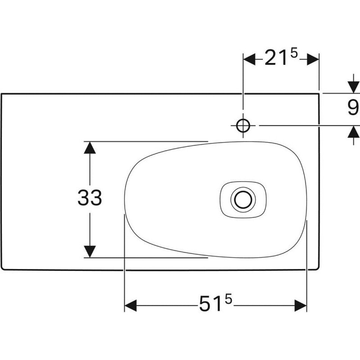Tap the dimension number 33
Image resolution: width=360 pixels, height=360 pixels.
pyautogui.click(x=89, y=198)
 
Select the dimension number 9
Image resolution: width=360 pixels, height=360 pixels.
pyautogui.click(x=353, y=108)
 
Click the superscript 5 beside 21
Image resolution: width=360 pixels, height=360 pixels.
pyautogui.click(x=294, y=53)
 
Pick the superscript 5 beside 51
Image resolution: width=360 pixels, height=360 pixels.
pyautogui.click(x=229, y=300)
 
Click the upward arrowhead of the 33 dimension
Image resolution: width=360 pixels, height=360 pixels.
pyautogui.click(x=89, y=148)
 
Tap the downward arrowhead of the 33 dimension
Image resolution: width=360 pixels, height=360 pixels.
pyautogui.click(x=89, y=252)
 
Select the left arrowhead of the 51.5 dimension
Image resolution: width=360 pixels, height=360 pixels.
pyautogui.click(x=130, y=305)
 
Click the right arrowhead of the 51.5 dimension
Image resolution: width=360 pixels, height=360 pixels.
pyautogui.click(x=301, y=305)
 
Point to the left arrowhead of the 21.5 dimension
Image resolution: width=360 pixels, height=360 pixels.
pyautogui.click(x=249, y=59)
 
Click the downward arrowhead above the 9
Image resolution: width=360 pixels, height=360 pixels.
pyautogui.click(x=353, y=87)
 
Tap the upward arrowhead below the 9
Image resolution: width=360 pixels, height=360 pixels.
pyautogui.click(x=353, y=132)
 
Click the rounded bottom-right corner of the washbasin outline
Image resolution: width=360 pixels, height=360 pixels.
pyautogui.click(x=318, y=269)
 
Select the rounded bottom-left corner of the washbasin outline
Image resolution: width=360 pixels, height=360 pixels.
pyautogui.click(x=3, y=269)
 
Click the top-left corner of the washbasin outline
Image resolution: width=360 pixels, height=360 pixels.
pyautogui.click(x=2, y=94)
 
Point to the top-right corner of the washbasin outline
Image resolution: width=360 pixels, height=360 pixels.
pyautogui.click(x=319, y=94)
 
